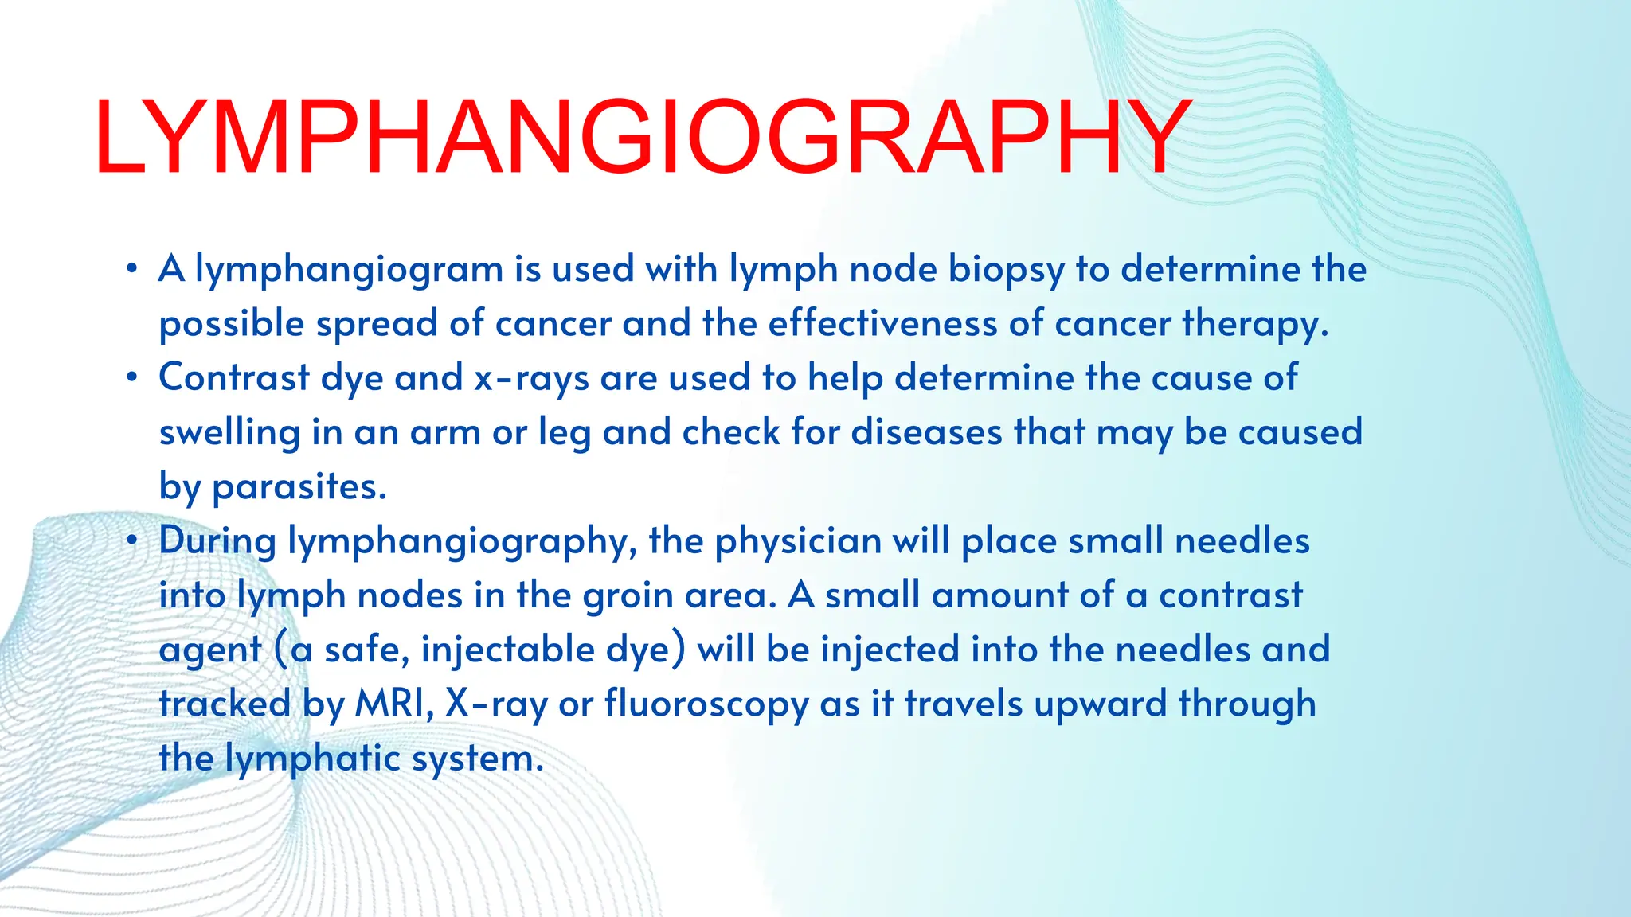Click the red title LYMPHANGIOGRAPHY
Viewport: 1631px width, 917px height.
(x=642, y=137)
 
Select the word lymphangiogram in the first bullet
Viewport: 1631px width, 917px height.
(x=349, y=270)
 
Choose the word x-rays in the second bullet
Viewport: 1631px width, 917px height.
(x=531, y=378)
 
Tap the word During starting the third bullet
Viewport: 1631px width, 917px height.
(x=217, y=541)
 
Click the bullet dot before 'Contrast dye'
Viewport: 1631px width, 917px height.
(x=132, y=377)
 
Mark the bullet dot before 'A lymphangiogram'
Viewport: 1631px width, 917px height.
(x=132, y=268)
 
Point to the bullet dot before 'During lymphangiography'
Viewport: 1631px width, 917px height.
(x=132, y=540)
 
